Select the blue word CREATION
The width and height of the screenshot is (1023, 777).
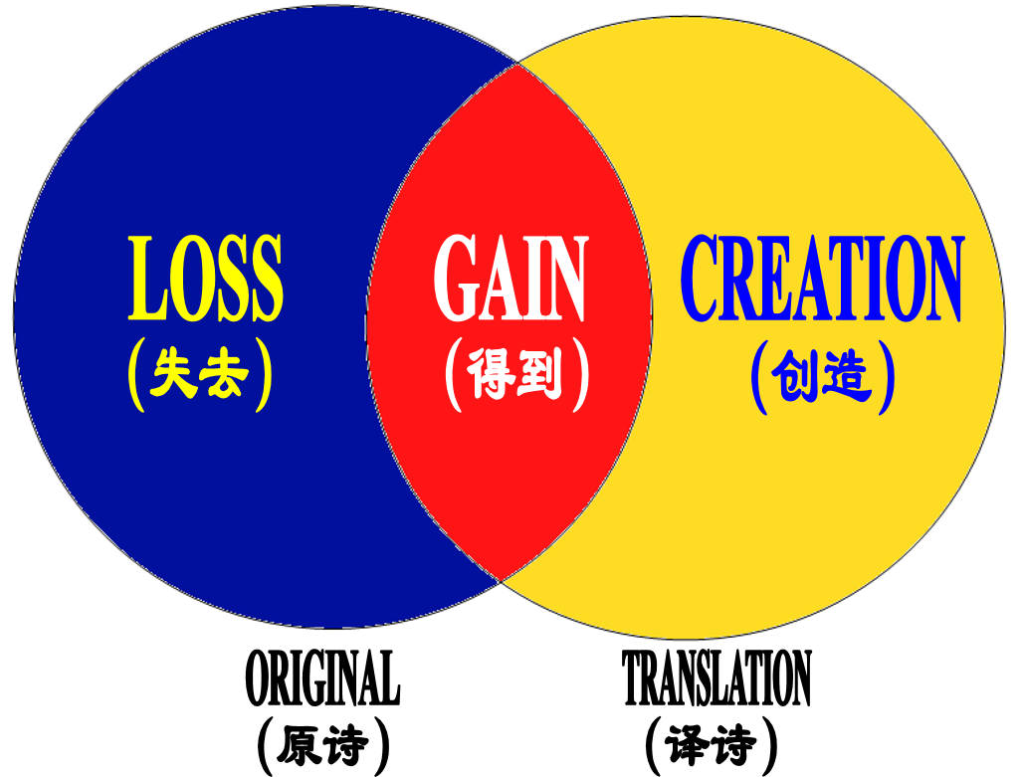(822, 280)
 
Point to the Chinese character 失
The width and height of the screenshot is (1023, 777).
(173, 377)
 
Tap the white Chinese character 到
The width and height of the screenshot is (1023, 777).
(540, 377)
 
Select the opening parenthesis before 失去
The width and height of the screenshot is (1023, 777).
(134, 377)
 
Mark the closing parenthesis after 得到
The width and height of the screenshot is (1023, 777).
(581, 377)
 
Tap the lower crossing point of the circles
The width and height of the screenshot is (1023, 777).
(500, 578)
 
